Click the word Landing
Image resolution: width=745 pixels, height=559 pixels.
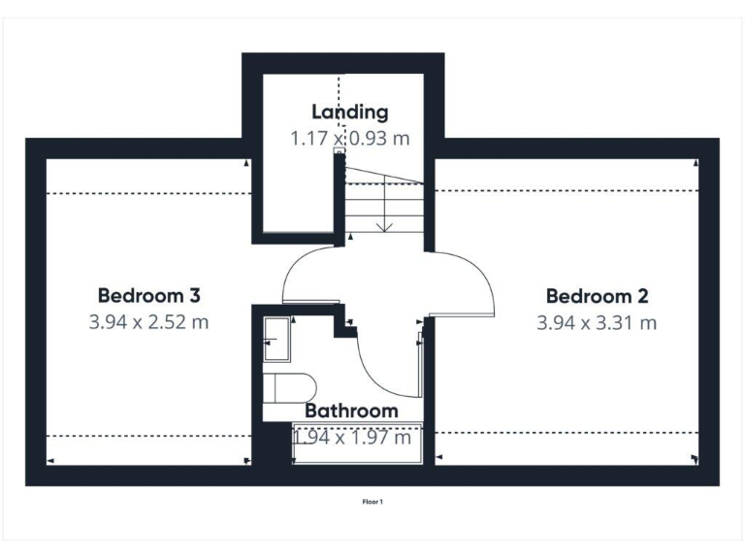coord(349,113)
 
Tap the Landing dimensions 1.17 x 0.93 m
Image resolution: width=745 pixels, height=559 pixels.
coord(349,138)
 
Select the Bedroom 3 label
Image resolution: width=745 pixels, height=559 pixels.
coord(148,295)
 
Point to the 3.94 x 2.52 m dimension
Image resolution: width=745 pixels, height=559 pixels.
coord(148,321)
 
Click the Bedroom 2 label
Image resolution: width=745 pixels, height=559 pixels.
coord(597,296)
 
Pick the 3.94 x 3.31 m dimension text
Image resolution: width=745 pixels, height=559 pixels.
coord(597,321)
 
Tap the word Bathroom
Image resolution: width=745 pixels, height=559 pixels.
coord(351,411)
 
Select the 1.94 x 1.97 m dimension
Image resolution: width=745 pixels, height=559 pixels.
coord(351,438)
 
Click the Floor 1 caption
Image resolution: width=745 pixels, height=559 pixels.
coord(372,502)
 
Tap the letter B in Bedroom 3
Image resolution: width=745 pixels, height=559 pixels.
coord(104,295)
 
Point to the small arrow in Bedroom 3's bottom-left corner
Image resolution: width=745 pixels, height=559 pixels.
coord(50,460)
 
